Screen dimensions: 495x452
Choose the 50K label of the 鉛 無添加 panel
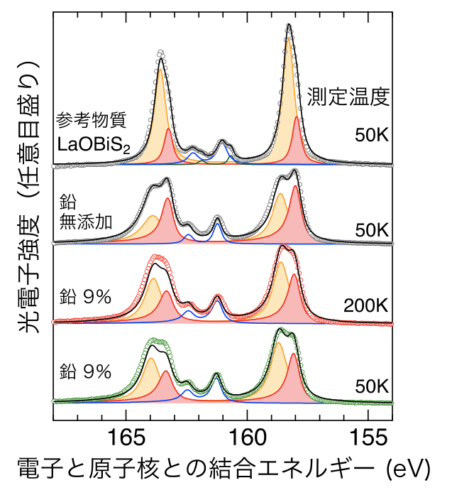coord(371,230)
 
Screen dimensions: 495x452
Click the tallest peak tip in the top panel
coord(289,26)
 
